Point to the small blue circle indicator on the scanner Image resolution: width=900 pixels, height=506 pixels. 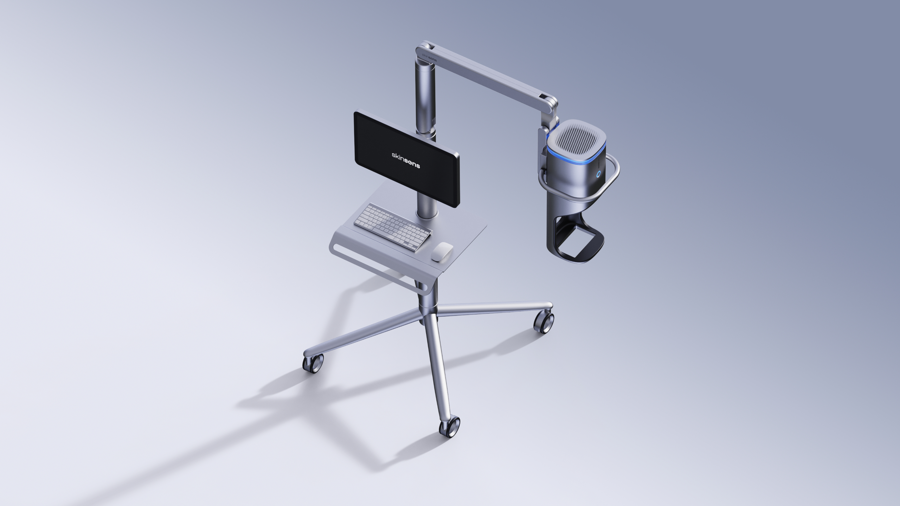coord(599,174)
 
